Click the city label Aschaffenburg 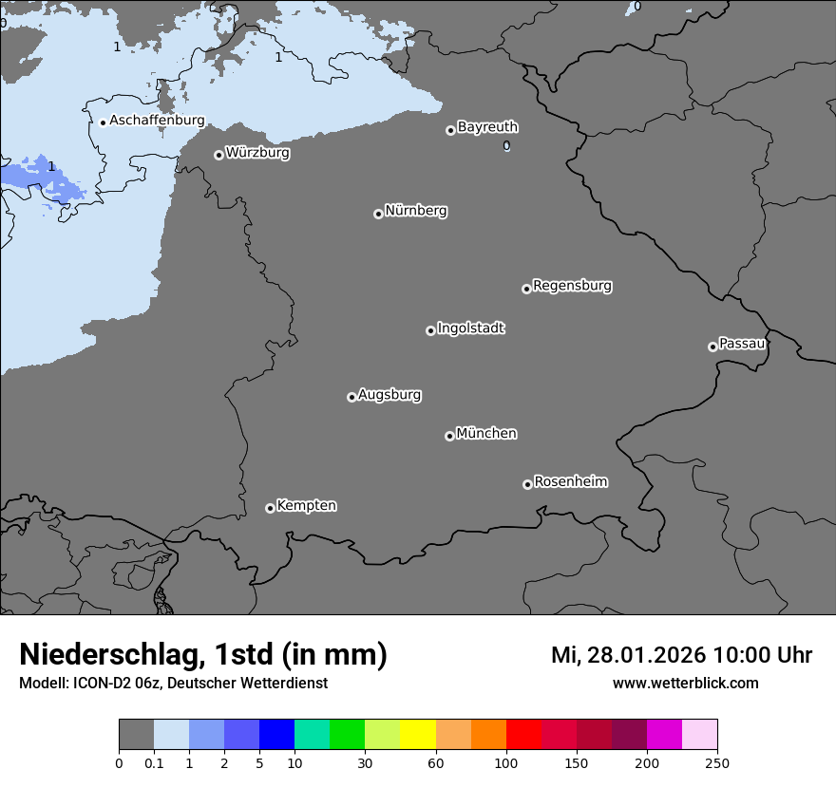[157, 121]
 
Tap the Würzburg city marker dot [218, 155]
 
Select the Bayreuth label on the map [487, 127]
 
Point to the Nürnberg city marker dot [378, 214]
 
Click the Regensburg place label [572, 286]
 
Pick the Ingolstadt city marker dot [430, 330]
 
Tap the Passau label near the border [742, 344]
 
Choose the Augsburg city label [389, 395]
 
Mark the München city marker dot [449, 436]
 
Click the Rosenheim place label [571, 482]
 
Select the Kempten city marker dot [270, 508]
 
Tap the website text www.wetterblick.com [685, 684]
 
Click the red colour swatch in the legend [523, 735]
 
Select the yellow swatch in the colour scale [418, 735]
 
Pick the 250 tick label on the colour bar [717, 762]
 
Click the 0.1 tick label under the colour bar [154, 762]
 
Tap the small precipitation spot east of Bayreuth [506, 145]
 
